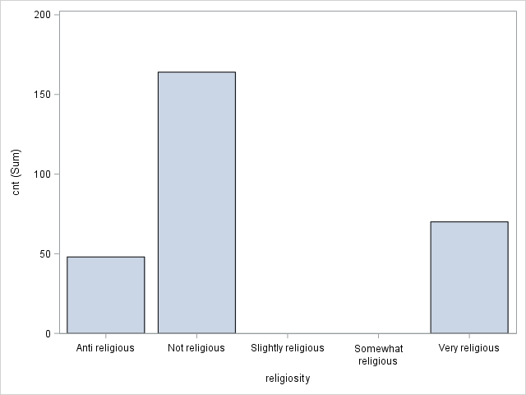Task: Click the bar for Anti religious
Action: coord(105,295)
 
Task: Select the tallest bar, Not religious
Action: coord(196,202)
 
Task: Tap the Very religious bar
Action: coord(468,277)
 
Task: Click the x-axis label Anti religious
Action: coord(105,348)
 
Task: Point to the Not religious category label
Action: coord(196,348)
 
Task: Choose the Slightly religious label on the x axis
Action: coord(287,348)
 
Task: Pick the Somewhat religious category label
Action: coord(378,355)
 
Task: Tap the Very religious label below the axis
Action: coord(468,348)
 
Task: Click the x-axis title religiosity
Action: coord(287,378)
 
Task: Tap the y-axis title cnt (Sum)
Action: coord(16,173)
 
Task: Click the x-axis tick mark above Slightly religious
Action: coord(287,336)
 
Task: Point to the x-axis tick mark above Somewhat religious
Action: coord(378,336)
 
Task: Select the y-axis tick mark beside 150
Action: coord(57,95)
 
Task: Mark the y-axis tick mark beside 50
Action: coord(57,253)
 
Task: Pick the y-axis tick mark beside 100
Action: coord(57,174)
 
